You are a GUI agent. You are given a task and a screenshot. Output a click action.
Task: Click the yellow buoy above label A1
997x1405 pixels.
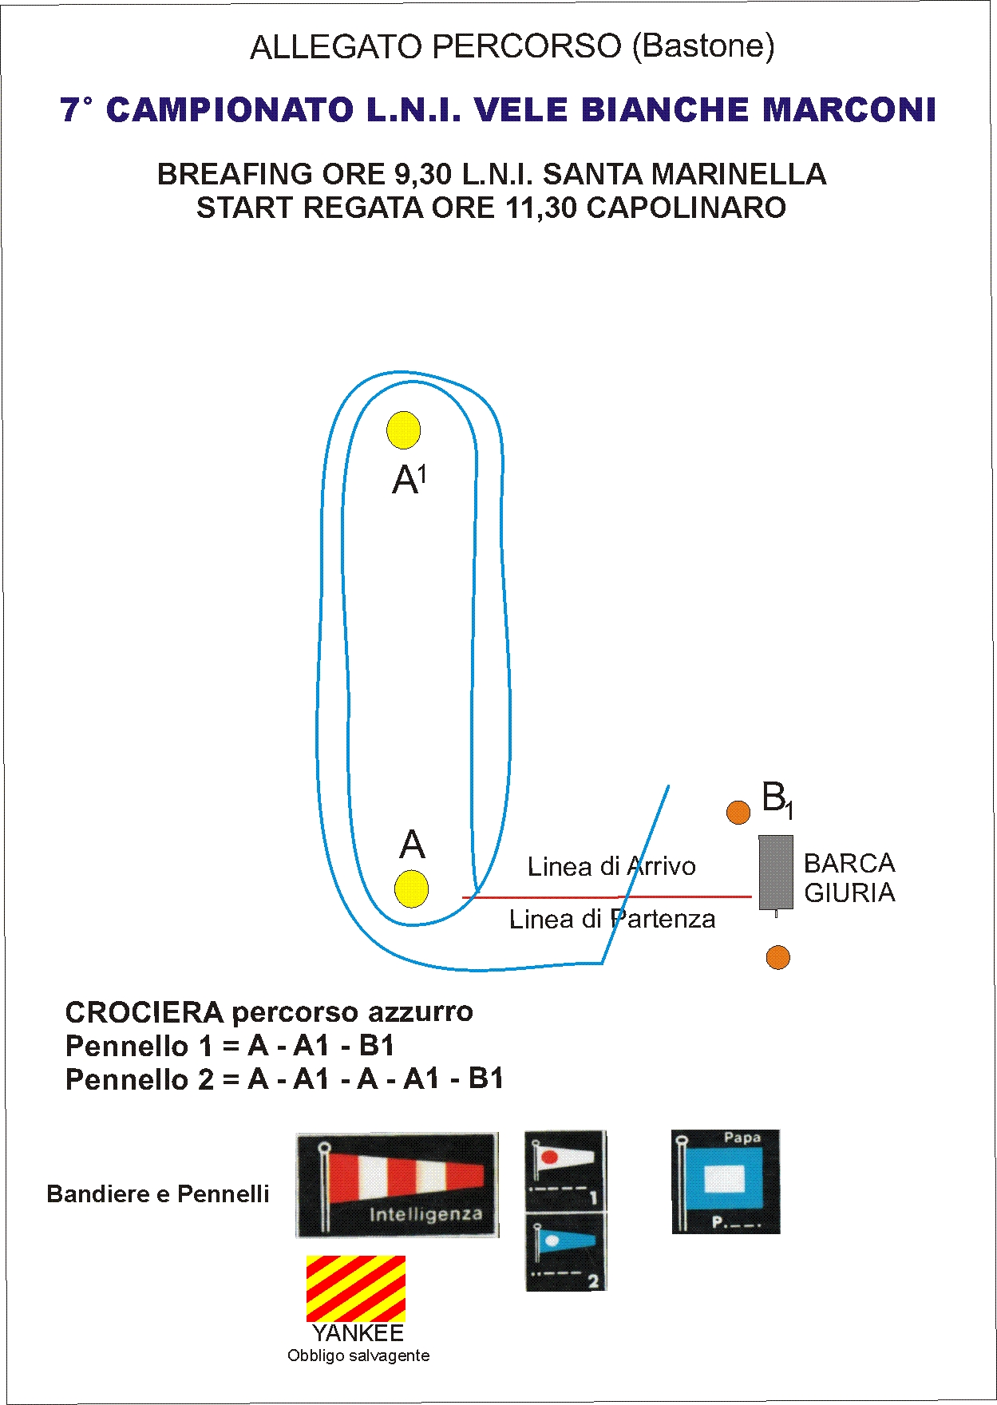pyautogui.click(x=403, y=430)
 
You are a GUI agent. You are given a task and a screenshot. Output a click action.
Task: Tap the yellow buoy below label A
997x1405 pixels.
pyautogui.click(x=411, y=889)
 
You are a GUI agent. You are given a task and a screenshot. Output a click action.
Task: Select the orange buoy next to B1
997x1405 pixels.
pyautogui.click(x=738, y=813)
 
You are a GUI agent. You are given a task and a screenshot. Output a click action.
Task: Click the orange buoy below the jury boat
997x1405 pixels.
pyautogui.click(x=777, y=957)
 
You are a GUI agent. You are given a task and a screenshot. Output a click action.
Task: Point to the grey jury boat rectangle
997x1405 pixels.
pyautogui.click(x=775, y=872)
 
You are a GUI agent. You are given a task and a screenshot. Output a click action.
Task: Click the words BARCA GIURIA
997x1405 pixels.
pyautogui.click(x=849, y=877)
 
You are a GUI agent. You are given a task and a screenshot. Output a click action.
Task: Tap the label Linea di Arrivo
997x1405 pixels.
pyautogui.click(x=611, y=866)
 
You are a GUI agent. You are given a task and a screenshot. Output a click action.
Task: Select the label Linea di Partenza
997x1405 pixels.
pyautogui.click(x=611, y=919)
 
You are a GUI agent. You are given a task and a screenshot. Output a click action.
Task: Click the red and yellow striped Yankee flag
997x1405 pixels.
pyautogui.click(x=356, y=1288)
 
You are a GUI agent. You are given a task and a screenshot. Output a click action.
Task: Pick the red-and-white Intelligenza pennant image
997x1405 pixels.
pyautogui.click(x=397, y=1185)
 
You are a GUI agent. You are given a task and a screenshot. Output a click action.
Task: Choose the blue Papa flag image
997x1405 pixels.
pyautogui.click(x=726, y=1181)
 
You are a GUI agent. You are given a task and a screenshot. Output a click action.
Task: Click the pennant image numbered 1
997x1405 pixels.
pyautogui.click(x=565, y=1170)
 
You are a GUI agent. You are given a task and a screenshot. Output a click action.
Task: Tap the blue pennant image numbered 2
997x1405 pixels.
pyautogui.click(x=565, y=1252)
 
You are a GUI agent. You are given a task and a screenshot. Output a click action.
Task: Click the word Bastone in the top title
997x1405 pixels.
pyautogui.click(x=703, y=46)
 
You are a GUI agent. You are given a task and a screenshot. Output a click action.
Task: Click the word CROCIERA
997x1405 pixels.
pyautogui.click(x=144, y=1012)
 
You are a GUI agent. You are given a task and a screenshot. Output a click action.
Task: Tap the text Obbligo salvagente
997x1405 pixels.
pyautogui.click(x=358, y=1356)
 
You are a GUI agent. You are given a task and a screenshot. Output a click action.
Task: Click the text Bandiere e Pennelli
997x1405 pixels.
pyautogui.click(x=158, y=1194)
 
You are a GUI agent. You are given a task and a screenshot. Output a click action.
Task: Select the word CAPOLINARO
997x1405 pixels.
pyautogui.click(x=686, y=208)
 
